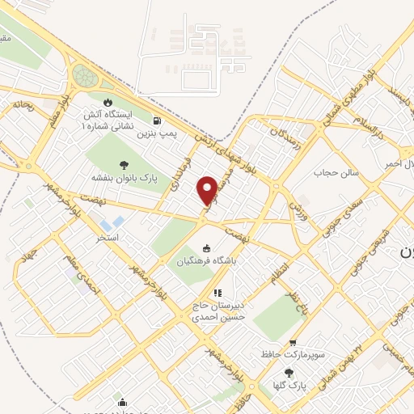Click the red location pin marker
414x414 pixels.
207,189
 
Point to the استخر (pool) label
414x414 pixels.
108,239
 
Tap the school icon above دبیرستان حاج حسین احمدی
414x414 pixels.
217,293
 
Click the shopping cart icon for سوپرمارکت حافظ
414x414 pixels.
292,342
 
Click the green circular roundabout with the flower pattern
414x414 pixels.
83,76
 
